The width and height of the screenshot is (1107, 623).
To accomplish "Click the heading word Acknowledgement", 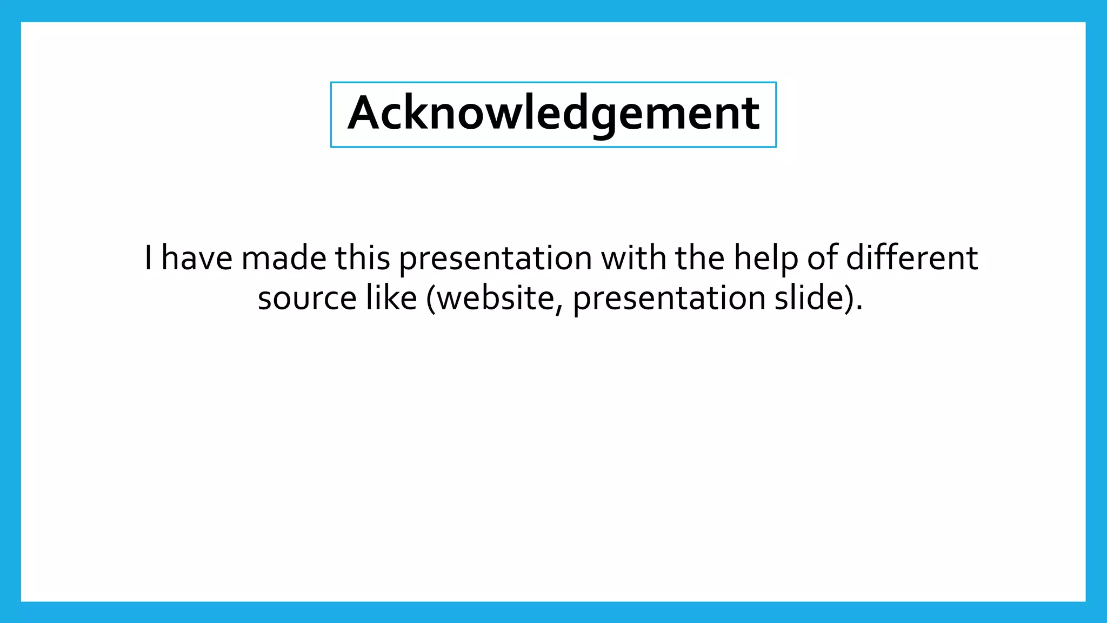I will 553,114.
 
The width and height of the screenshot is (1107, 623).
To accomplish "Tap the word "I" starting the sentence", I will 149,258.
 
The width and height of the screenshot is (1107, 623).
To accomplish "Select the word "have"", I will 197,258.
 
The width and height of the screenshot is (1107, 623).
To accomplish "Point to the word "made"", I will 284,258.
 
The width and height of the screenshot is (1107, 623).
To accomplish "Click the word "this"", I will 363,258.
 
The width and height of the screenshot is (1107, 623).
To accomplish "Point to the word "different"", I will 912,258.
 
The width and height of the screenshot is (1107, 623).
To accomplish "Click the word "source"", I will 307,299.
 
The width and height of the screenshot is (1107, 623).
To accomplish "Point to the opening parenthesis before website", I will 431,299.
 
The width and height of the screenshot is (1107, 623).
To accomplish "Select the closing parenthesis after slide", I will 849,299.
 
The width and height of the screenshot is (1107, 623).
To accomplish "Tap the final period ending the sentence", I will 859,309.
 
